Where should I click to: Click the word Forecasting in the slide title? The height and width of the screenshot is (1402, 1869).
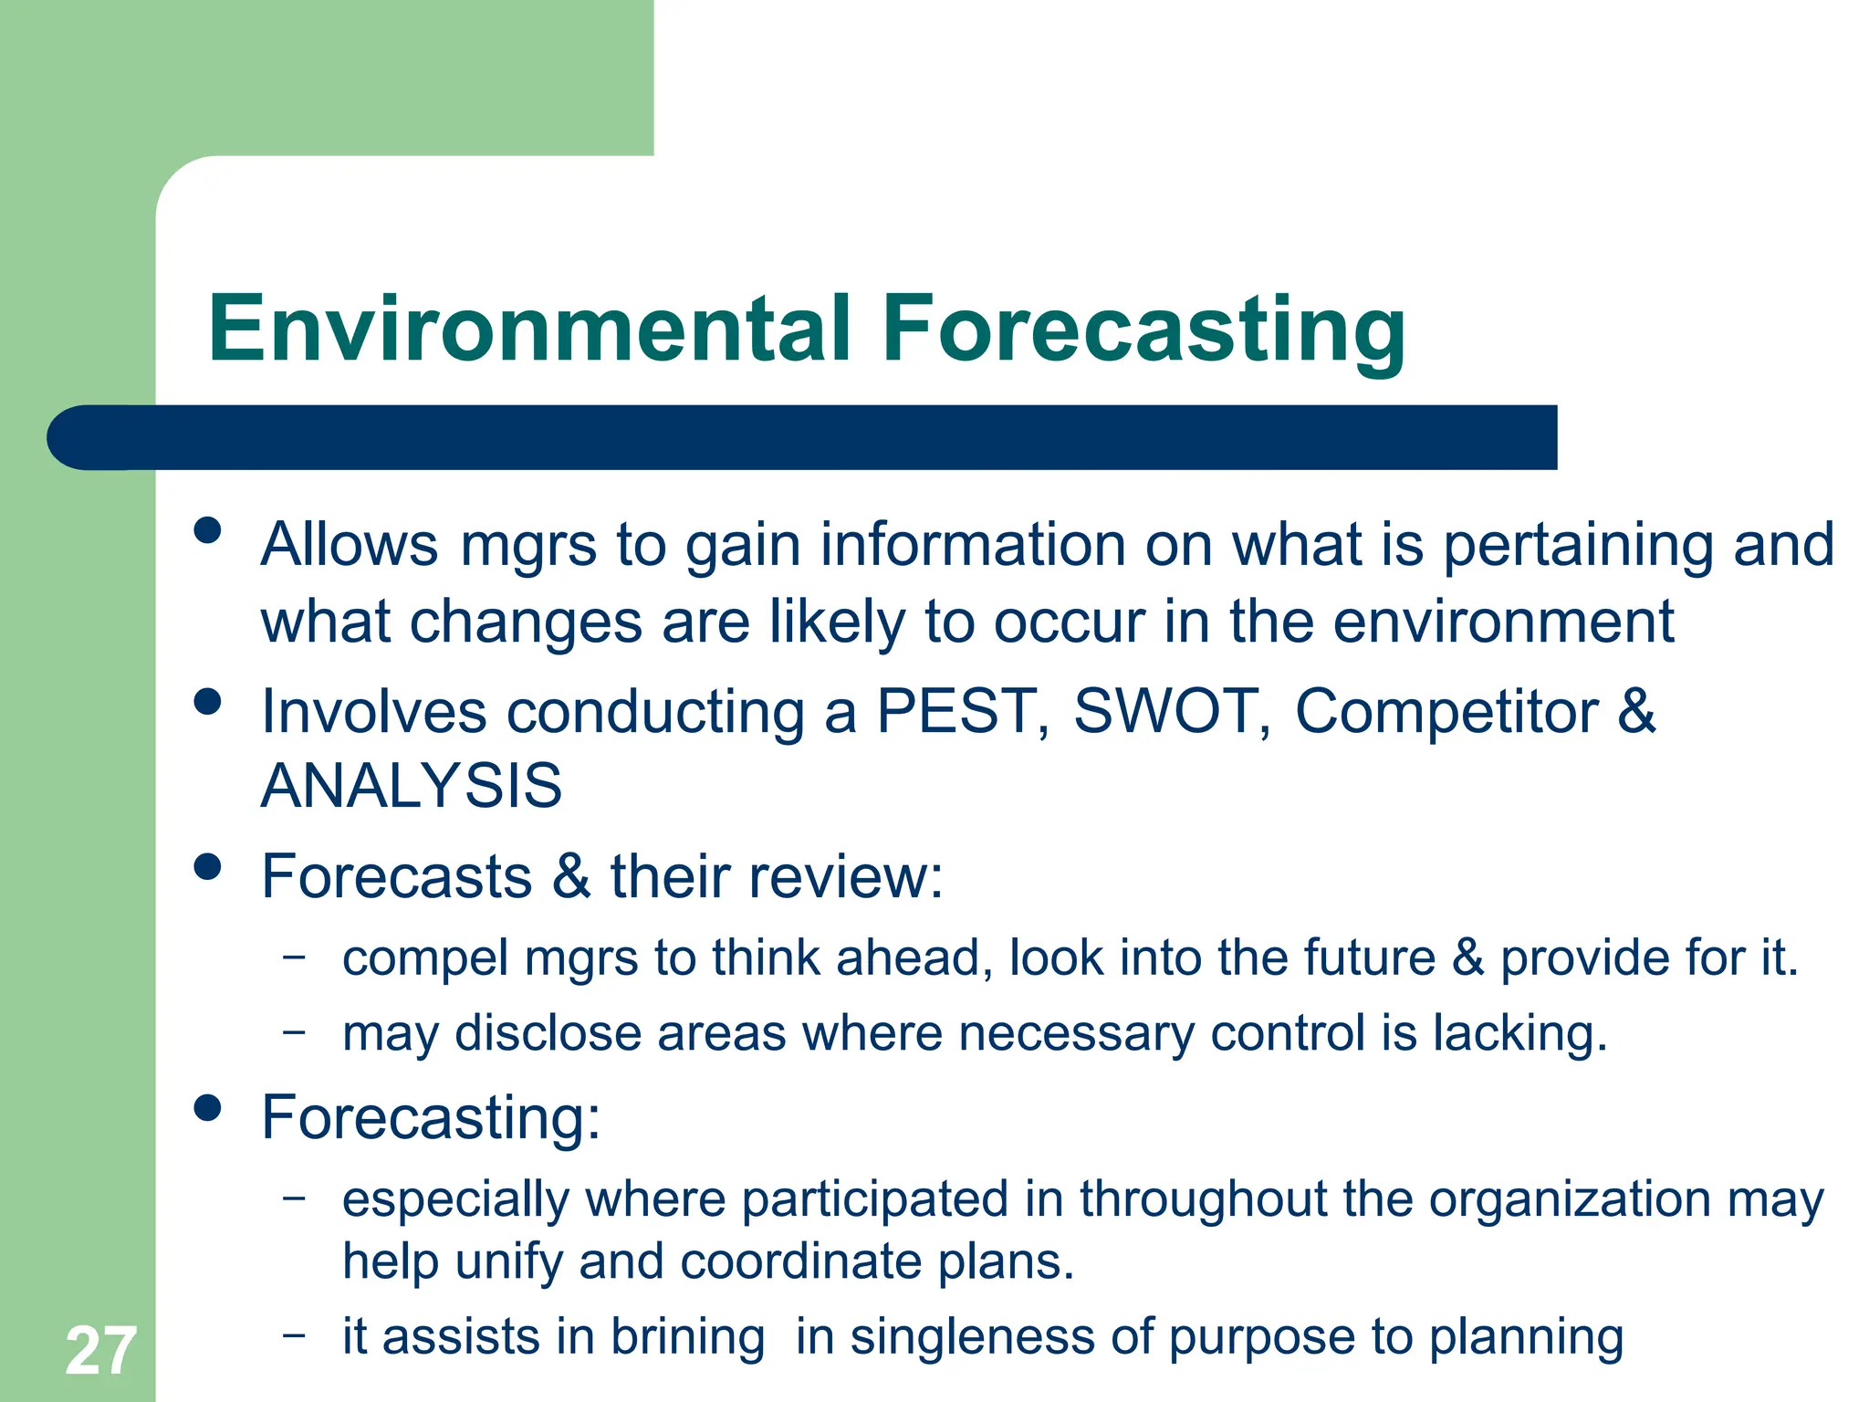coord(1143,330)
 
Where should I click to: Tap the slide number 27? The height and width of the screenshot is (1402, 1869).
coord(100,1351)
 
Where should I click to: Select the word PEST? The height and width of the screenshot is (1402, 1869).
coord(955,711)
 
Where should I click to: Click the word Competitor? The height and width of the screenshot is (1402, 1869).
coord(1446,711)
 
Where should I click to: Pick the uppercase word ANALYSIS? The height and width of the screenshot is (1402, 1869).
coord(412,786)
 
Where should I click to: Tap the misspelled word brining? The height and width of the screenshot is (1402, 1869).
coord(687,1337)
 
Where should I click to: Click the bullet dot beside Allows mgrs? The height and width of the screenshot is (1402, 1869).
coord(208,530)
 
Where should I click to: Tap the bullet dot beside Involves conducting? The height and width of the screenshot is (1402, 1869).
coord(208,701)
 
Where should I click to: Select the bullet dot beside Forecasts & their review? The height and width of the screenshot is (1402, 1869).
coord(208,866)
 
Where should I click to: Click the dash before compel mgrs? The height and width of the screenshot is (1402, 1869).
coord(294,957)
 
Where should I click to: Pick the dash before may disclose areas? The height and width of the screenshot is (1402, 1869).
coord(294,1031)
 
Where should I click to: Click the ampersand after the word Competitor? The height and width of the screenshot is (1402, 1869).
coord(1636,711)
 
